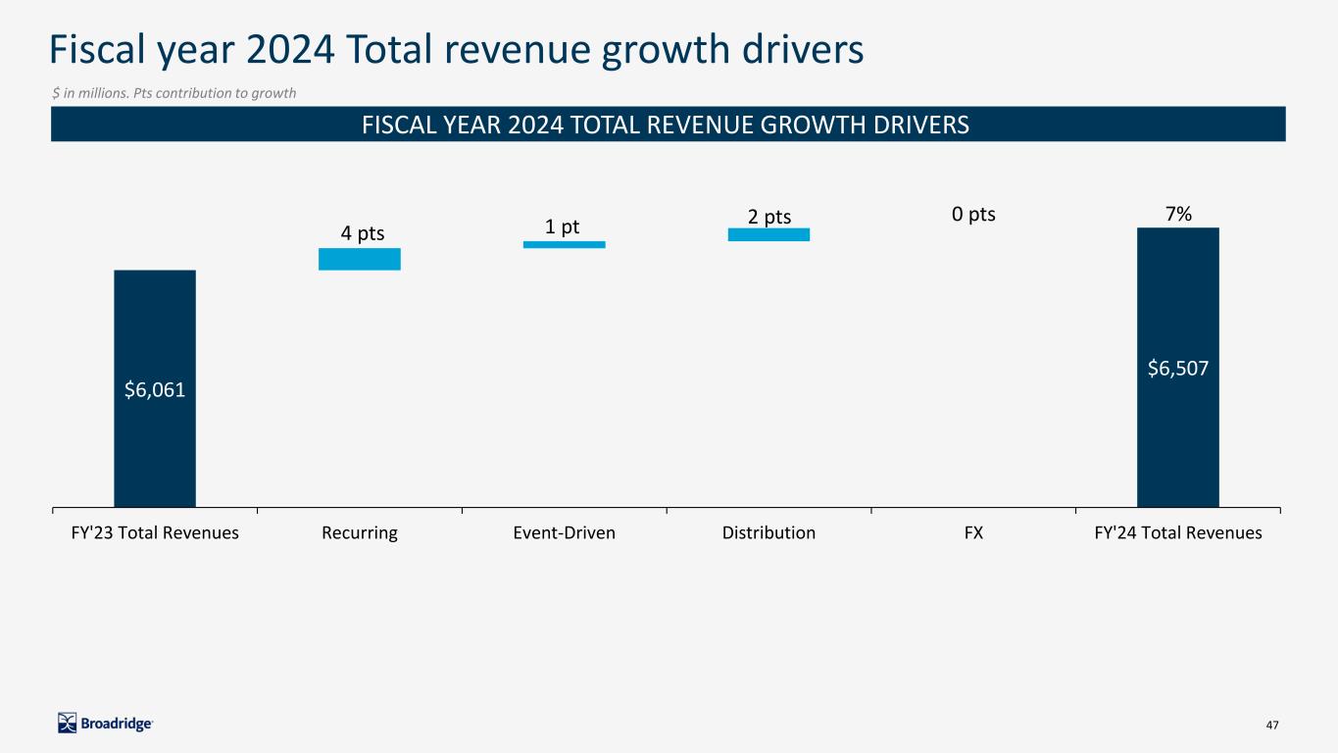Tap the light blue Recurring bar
pos(360,259)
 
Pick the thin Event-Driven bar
pos(564,244)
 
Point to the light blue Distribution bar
pos(768,234)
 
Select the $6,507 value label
pos(1177,369)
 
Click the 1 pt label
pos(563,226)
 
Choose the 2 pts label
pos(769,217)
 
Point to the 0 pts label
pos(973,214)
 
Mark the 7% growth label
pos(1177,214)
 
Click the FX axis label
pos(973,533)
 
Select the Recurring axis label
pos(359,533)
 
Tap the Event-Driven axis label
pos(564,533)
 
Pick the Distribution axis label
pos(768,533)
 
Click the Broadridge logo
pos(106,724)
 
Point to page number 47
pos(1272,725)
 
